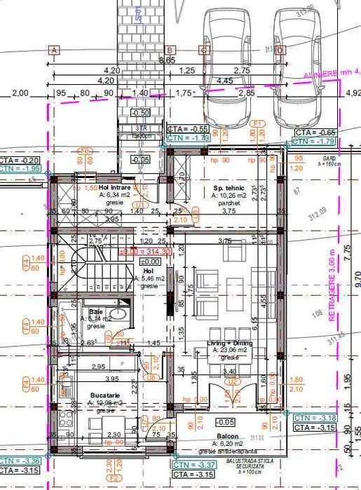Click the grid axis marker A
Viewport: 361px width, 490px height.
54,50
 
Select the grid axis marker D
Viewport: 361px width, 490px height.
280,50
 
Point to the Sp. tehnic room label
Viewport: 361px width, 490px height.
228,189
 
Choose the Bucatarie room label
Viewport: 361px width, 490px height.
105,396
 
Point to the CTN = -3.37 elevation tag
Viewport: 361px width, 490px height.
187,465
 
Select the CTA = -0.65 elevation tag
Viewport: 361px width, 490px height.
313,132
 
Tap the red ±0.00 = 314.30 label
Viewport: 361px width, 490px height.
146,252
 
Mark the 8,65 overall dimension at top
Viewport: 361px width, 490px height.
168,61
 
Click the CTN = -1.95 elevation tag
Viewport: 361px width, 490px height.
20,169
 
